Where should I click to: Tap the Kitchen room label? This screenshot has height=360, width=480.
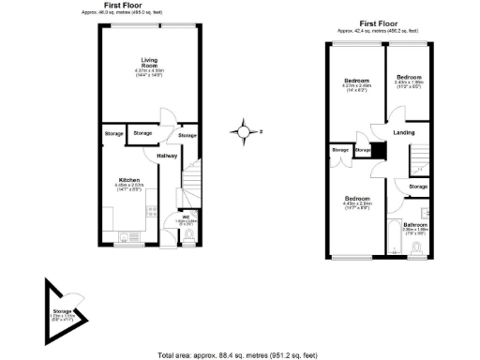(129, 179)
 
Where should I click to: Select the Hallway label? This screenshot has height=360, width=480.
(167, 156)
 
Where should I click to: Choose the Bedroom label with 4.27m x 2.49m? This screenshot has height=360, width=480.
(357, 81)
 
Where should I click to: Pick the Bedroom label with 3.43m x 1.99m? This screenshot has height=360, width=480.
(409, 77)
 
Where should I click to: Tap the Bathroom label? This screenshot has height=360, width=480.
(415, 224)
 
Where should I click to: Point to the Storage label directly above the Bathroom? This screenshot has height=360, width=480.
(418, 187)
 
